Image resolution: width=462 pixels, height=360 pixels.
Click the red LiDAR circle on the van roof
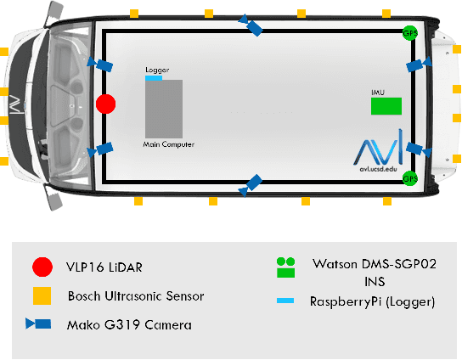point(106,104)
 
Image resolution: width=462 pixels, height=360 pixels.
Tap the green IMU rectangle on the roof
point(386,106)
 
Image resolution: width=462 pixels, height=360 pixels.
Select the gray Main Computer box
point(164,109)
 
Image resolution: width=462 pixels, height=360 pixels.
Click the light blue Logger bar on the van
point(154,78)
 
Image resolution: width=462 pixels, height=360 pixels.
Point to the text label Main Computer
point(168,144)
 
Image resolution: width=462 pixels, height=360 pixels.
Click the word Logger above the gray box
point(157,70)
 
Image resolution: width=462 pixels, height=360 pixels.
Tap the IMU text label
point(378,93)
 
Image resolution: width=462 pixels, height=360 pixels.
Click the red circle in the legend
point(42,267)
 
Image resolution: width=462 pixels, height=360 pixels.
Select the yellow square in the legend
point(42,295)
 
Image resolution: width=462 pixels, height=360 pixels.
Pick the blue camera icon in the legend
point(38,323)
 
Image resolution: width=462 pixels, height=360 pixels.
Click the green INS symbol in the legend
point(285,267)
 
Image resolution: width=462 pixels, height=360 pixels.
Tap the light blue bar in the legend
point(285,301)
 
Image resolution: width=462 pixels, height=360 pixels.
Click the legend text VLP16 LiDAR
point(104,267)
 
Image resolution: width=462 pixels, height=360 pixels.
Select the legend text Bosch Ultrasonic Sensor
point(136,296)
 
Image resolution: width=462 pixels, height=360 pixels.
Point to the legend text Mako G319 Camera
point(129,325)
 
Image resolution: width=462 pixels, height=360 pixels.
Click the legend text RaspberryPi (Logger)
point(373,301)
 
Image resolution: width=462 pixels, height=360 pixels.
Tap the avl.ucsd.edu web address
point(378,169)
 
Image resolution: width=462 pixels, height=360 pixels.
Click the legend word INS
point(375,282)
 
